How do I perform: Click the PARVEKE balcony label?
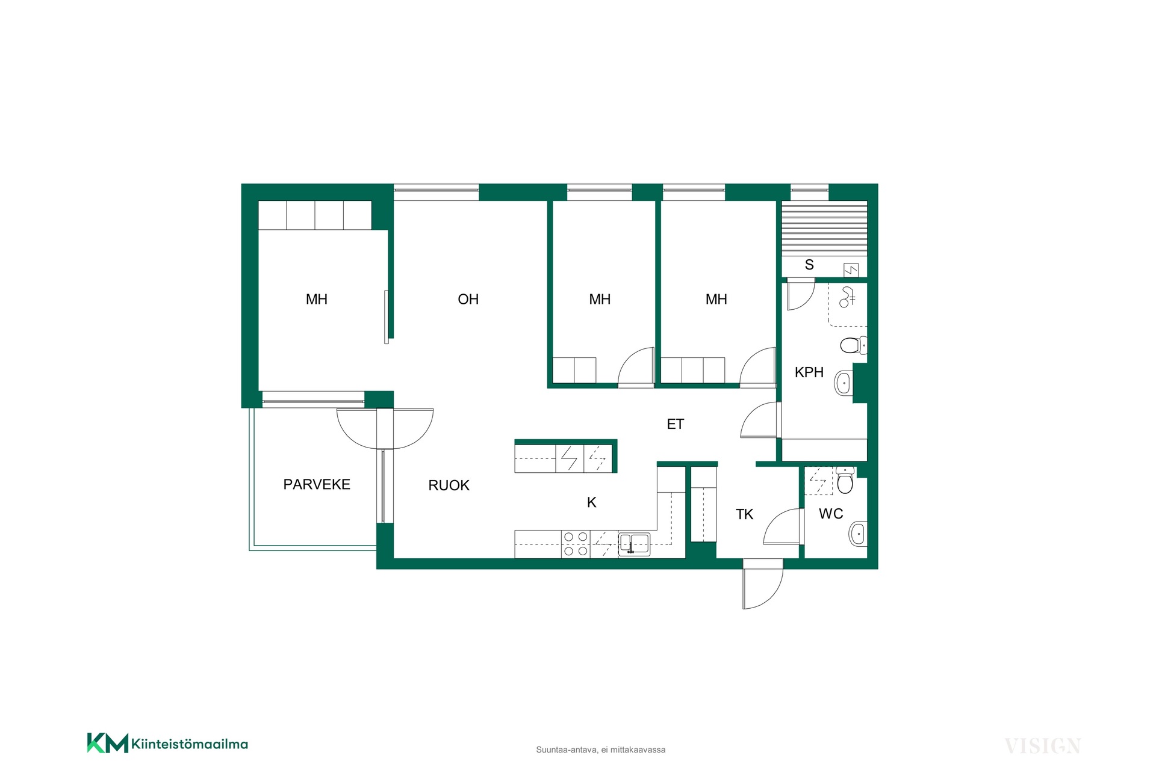click(317, 484)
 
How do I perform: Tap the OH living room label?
click(468, 299)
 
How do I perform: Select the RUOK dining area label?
click(449, 485)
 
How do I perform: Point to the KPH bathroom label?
click(809, 372)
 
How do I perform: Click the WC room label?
click(831, 514)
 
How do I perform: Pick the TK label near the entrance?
click(744, 514)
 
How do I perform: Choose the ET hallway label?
click(675, 424)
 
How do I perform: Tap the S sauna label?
click(809, 265)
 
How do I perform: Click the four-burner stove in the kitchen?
click(576, 544)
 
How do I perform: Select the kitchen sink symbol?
click(634, 544)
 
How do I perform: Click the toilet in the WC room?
click(845, 479)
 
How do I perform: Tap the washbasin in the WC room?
click(858, 534)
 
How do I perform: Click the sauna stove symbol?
click(851, 270)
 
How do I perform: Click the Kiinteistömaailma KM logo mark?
click(108, 743)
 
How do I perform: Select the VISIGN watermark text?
click(1043, 747)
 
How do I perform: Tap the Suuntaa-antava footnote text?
click(601, 750)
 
